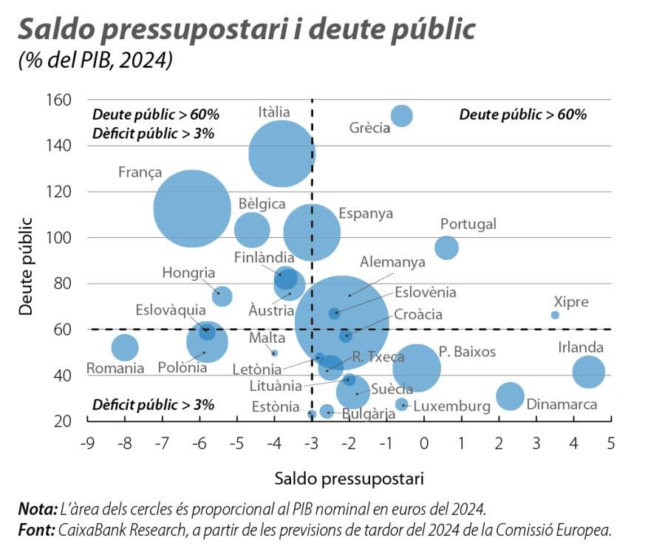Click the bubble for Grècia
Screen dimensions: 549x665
coord(401,115)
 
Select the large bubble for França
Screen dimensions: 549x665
coord(191,208)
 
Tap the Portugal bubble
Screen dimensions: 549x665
coord(446,248)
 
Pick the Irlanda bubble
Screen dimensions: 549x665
coord(589,371)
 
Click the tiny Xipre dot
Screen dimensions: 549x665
coord(555,315)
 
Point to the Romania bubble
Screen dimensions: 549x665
coord(125,347)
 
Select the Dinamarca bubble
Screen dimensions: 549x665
coord(510,396)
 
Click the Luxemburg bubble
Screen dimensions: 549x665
coord(402,404)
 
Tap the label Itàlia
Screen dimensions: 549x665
coord(274,112)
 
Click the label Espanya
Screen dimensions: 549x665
coord(366,214)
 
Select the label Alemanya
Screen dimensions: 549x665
coord(392,262)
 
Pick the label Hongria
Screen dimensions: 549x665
coord(188,273)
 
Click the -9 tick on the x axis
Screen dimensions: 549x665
coord(86,444)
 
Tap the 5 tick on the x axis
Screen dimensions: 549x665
coord(610,444)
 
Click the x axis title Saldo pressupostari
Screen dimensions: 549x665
coord(349,478)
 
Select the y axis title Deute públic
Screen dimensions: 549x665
coord(27,266)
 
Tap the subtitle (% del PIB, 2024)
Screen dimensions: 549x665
coord(95,60)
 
